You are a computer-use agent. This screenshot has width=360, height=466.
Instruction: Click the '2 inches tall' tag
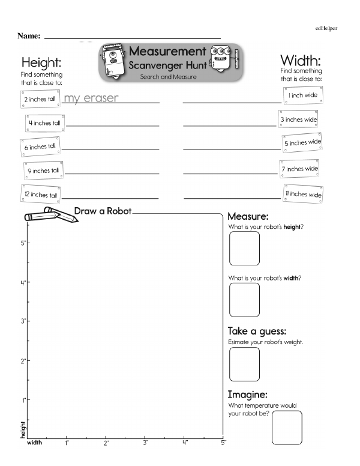(x=40, y=98)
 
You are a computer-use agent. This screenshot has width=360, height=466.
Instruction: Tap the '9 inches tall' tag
(x=43, y=171)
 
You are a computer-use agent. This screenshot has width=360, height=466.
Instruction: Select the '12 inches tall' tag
(x=41, y=195)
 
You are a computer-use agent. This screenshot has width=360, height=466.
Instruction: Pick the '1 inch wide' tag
(x=299, y=95)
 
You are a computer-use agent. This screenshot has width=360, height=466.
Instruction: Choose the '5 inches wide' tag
(x=302, y=143)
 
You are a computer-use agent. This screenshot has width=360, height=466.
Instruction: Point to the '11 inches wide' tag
(x=302, y=194)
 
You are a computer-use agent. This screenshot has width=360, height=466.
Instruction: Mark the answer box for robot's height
(x=244, y=248)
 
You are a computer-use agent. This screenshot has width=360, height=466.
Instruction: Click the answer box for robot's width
(x=244, y=299)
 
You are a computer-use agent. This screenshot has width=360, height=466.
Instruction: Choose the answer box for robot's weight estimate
(x=244, y=364)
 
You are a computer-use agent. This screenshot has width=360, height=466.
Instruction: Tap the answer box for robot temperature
(x=287, y=427)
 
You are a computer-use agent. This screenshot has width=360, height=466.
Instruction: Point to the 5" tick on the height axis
(x=26, y=243)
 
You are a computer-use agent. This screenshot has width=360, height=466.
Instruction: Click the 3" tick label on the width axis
(x=145, y=443)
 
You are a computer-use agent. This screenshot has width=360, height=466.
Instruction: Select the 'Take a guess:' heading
(x=257, y=331)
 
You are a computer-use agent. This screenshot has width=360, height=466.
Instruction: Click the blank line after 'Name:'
(x=132, y=37)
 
